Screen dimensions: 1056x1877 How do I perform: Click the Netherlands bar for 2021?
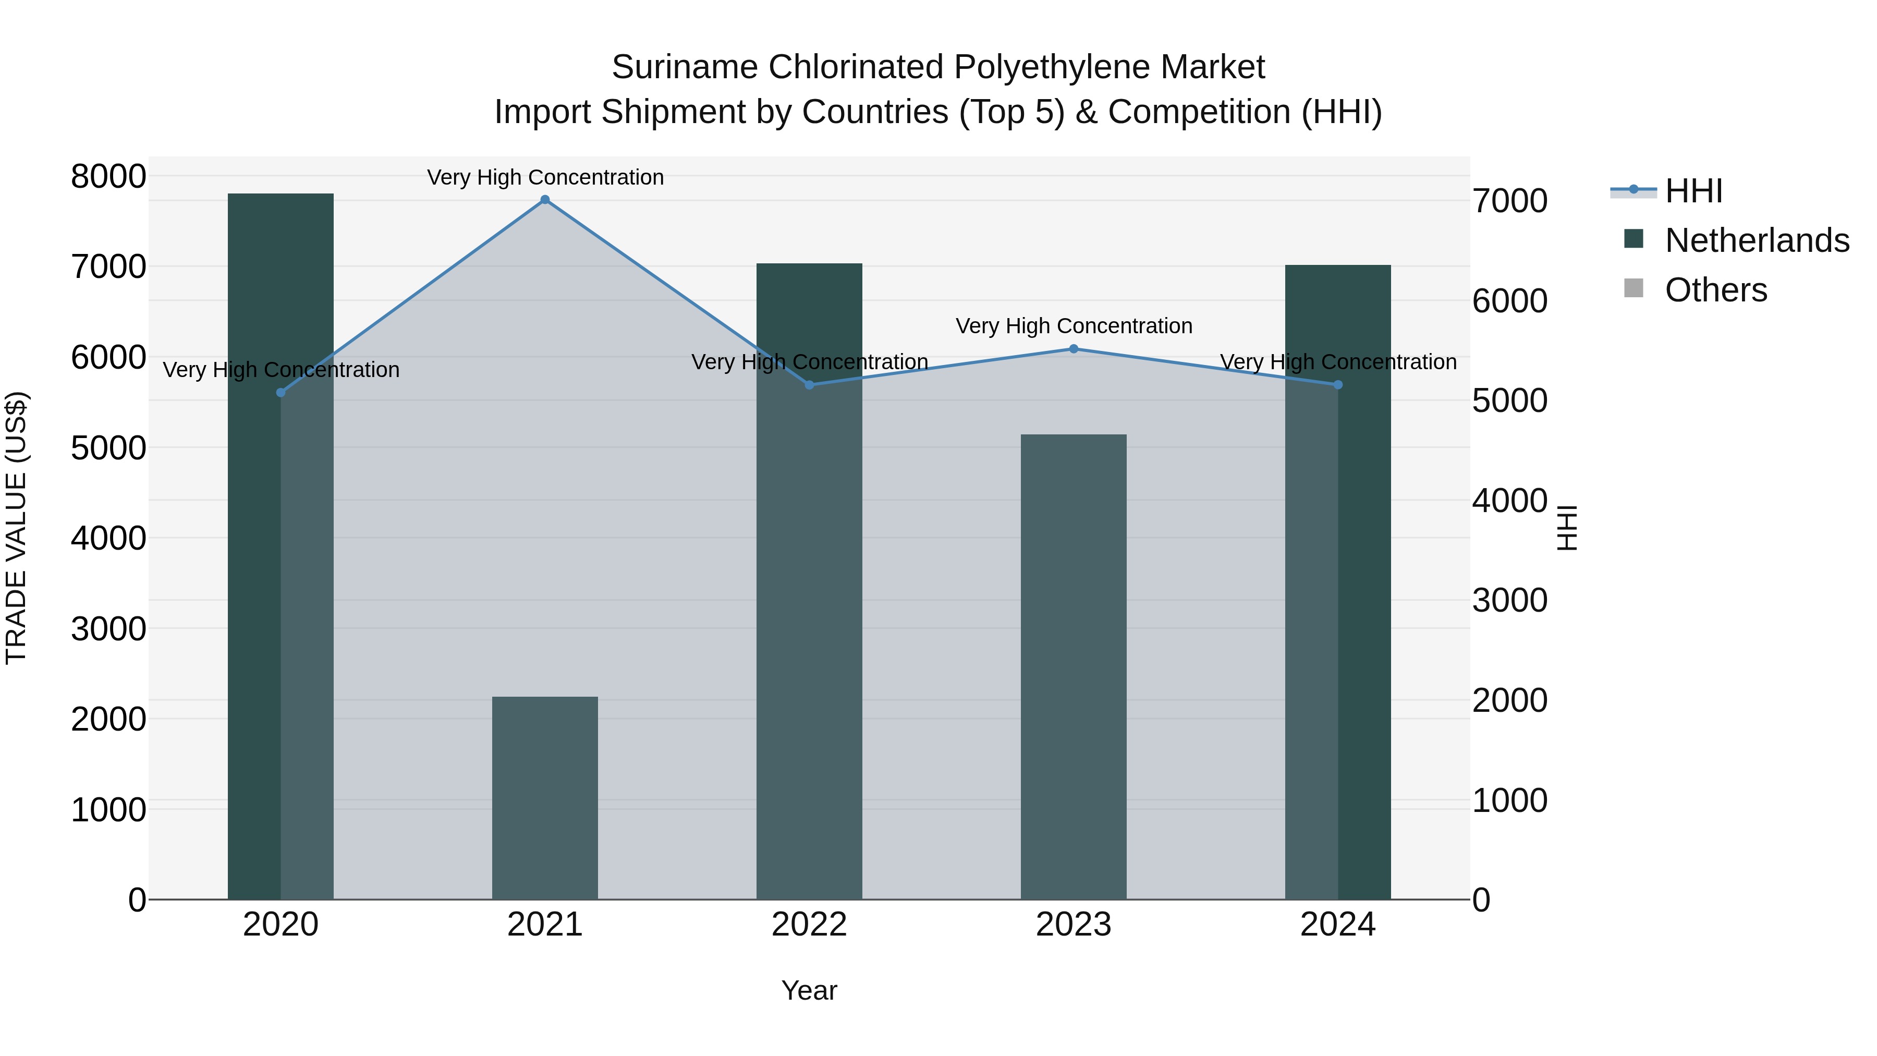click(545, 798)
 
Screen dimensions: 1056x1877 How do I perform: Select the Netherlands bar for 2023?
click(1074, 667)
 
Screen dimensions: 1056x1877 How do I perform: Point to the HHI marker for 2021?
click(545, 200)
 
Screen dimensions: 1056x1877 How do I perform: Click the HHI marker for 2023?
click(1074, 349)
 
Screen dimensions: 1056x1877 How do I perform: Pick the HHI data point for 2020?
click(281, 393)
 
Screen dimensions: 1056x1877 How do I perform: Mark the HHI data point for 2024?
click(1338, 385)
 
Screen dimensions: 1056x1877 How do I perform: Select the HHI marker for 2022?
click(810, 385)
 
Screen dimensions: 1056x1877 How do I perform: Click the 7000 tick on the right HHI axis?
click(1510, 201)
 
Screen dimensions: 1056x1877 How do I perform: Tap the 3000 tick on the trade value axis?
click(108, 629)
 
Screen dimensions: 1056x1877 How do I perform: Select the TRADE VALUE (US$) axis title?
click(16, 528)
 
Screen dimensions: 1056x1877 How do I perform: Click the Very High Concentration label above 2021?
click(545, 177)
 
